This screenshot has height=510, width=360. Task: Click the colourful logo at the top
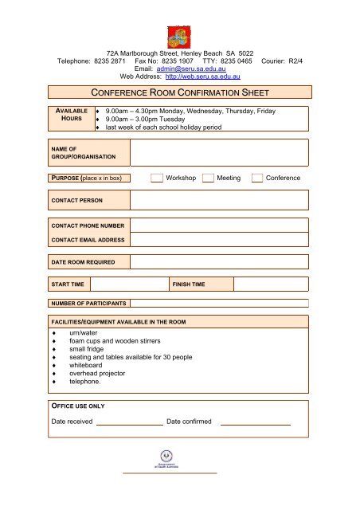179,35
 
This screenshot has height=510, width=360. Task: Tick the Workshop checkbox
156,178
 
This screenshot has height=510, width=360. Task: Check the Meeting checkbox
208,178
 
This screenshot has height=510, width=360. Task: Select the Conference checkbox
256,178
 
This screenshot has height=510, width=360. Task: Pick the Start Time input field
127,284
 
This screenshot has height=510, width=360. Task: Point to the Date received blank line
129,421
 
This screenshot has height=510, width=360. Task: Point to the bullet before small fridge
53,348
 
